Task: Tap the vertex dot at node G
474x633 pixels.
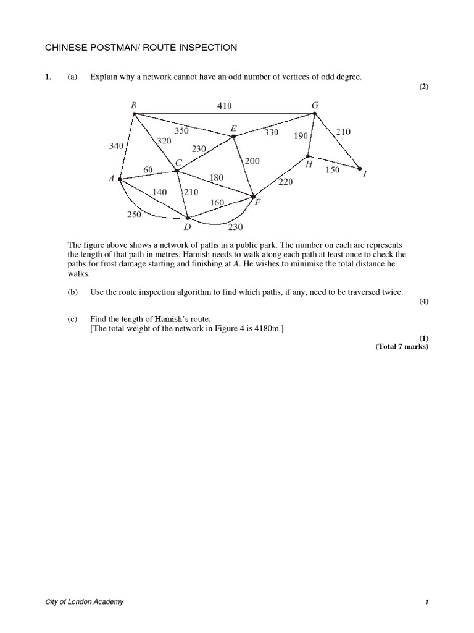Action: point(314,113)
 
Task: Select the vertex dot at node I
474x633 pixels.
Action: point(359,167)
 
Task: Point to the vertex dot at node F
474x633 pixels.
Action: point(254,197)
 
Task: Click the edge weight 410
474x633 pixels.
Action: point(224,106)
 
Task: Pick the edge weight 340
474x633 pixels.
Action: point(116,146)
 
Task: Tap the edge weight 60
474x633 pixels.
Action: point(149,169)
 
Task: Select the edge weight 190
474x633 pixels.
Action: point(301,135)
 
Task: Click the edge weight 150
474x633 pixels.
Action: point(332,169)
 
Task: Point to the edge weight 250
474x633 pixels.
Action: point(134,215)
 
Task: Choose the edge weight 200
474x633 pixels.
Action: point(252,161)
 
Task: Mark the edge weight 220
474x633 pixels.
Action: point(285,182)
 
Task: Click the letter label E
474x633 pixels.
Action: point(233,129)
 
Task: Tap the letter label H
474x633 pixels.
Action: point(309,164)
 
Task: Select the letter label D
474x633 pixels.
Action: point(187,227)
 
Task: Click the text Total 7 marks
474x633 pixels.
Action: point(402,347)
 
